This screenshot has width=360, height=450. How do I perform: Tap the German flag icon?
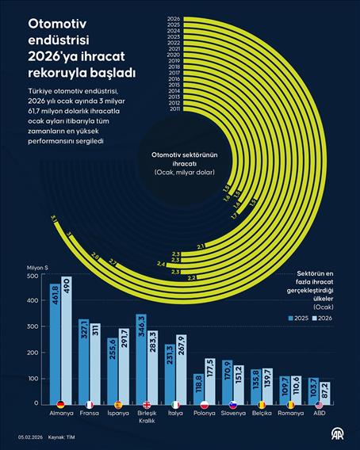[60, 404]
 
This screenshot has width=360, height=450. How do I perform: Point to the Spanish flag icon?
[118, 404]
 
